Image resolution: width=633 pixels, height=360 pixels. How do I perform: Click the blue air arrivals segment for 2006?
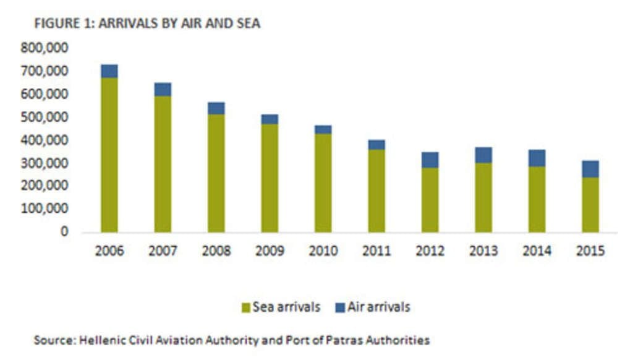(109, 71)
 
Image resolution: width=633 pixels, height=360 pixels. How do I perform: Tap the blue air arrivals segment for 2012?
(430, 160)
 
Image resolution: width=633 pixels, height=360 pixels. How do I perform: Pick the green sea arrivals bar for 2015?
(590, 204)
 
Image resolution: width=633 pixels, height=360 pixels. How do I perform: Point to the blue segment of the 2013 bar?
(483, 155)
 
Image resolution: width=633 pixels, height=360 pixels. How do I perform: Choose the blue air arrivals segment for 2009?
(270, 119)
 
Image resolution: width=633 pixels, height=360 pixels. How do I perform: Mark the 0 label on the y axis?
(64, 232)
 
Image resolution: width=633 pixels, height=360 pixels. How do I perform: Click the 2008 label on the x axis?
(216, 251)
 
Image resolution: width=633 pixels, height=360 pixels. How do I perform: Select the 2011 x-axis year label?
(376, 251)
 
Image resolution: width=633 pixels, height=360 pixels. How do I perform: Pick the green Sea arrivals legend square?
(245, 307)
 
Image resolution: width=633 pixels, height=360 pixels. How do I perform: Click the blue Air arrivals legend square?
(340, 307)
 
